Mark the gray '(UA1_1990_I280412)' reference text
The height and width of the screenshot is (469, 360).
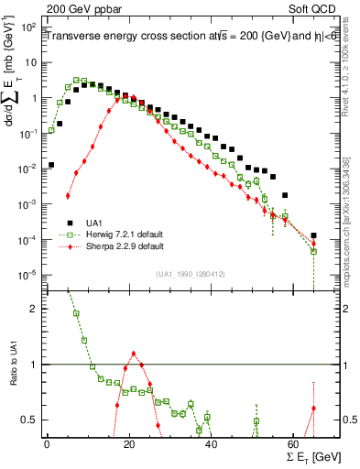point(191,273)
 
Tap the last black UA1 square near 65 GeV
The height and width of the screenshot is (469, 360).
point(313,235)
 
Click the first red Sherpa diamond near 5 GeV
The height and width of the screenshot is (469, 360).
point(68,195)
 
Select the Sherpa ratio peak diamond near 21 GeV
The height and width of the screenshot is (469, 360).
point(134,354)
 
